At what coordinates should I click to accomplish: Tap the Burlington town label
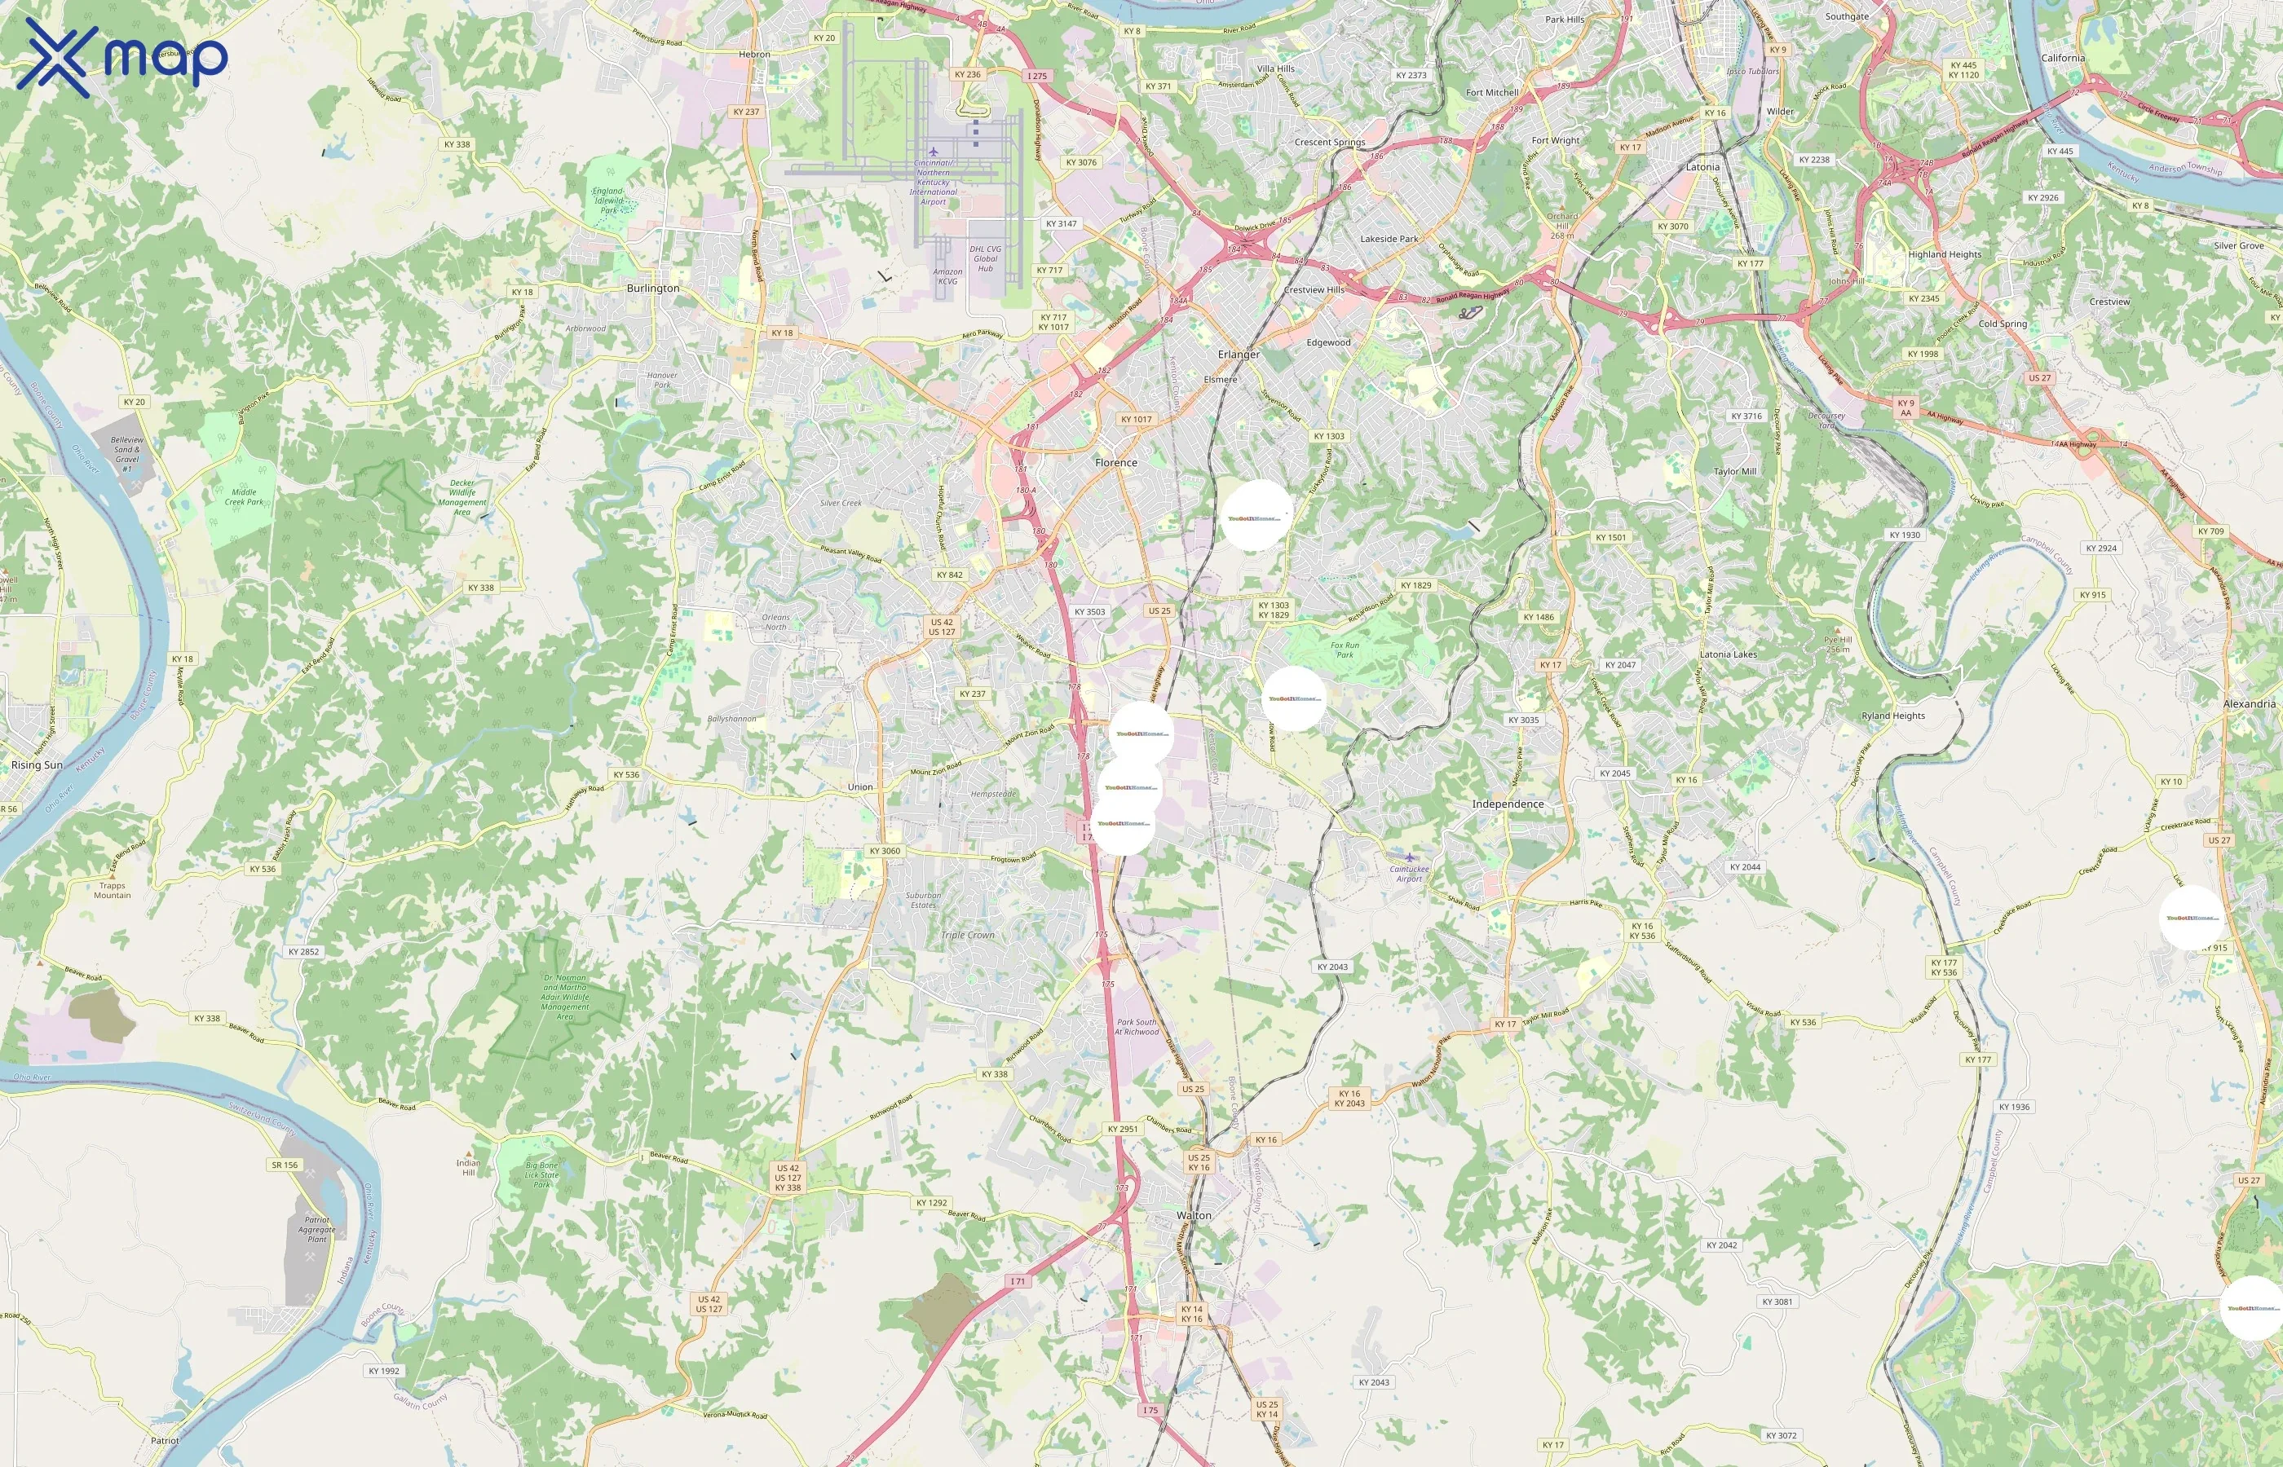coord(653,288)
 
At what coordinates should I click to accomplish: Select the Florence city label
coord(1115,462)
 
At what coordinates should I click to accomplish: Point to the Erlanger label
coord(1238,355)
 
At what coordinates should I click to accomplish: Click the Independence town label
coord(1508,804)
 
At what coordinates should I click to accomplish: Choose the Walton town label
coord(1194,1214)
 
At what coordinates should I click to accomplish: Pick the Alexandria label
coord(2249,704)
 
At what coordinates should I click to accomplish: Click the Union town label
coord(859,786)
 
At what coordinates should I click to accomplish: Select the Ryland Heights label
coord(1892,716)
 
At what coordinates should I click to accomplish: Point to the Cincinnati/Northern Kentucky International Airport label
coord(933,181)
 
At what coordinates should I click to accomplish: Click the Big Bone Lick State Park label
coord(541,1174)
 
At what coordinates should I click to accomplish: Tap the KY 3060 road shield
coord(884,851)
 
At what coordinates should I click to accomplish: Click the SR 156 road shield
coord(284,1164)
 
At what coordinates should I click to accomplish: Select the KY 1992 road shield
coord(384,1371)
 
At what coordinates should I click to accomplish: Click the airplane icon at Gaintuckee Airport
coord(1409,857)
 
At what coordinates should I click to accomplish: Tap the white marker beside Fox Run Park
coord(1294,698)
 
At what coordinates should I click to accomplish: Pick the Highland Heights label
coord(1944,254)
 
